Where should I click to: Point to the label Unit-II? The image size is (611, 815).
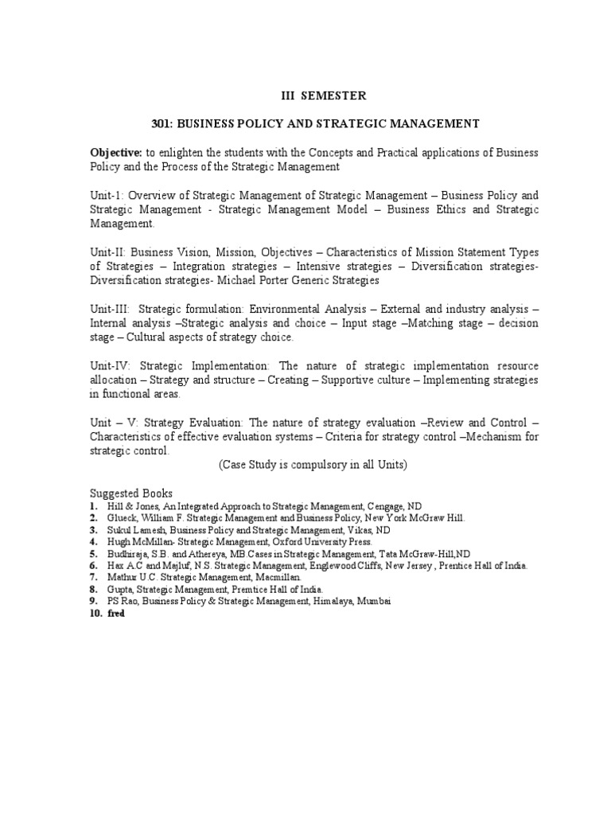coord(108,252)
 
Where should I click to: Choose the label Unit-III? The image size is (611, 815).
coord(110,309)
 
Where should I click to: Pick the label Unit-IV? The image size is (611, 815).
coord(111,365)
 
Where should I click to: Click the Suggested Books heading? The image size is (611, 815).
coord(131,493)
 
